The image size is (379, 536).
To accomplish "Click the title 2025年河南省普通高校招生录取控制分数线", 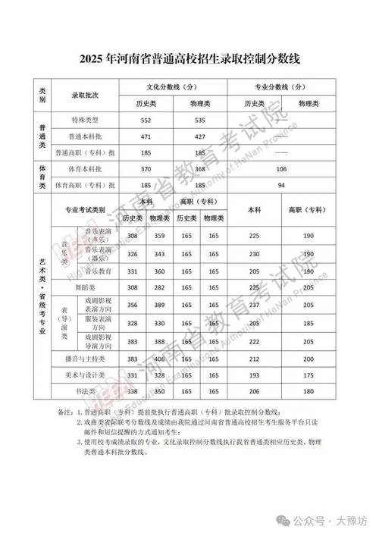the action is [x=189, y=58].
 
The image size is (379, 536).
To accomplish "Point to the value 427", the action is [x=200, y=136].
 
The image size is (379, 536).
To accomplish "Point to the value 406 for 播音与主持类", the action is [x=160, y=359].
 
